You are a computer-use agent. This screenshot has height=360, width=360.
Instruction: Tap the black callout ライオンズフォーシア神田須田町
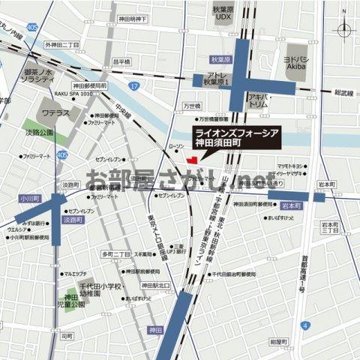pos(244,135)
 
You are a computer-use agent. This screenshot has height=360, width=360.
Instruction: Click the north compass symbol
pos(344,30)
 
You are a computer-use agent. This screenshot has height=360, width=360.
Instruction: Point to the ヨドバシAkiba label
pos(301,61)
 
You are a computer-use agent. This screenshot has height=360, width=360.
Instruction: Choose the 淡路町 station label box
pos(72,221)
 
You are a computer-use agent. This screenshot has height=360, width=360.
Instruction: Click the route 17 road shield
pos(133,87)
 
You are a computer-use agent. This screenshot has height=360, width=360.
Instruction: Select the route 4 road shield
pos(305,325)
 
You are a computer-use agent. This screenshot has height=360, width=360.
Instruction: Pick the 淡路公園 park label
pos(40,131)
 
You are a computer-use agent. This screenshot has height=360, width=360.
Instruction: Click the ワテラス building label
pos(56,115)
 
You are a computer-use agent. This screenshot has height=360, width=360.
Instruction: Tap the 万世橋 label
pos(193,106)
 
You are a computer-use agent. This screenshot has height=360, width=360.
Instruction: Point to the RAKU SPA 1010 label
pos(73,95)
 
